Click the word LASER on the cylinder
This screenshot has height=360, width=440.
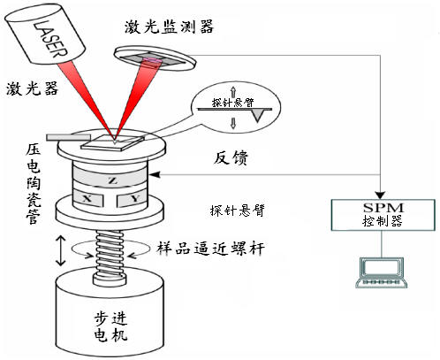[50, 39]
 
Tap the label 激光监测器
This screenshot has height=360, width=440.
[169, 27]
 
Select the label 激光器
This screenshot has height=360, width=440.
[33, 88]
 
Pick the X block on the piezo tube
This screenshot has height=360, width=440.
[87, 198]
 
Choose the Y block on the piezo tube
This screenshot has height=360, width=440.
[133, 199]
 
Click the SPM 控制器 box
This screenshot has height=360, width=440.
[383, 215]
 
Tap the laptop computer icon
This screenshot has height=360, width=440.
[382, 272]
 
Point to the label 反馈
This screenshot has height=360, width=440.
[231, 157]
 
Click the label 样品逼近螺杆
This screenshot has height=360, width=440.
[210, 249]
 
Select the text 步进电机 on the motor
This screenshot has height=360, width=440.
[111, 326]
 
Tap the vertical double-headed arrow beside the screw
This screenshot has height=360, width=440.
[61, 250]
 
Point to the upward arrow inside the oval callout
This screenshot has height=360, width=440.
[233, 92]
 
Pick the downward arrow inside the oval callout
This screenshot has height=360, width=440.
[233, 123]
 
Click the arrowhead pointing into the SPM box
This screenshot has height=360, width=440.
[381, 195]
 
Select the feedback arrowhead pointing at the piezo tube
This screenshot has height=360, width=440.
[155, 174]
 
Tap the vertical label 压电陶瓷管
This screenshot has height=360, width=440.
[33, 185]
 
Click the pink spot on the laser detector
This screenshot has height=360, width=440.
[153, 60]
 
